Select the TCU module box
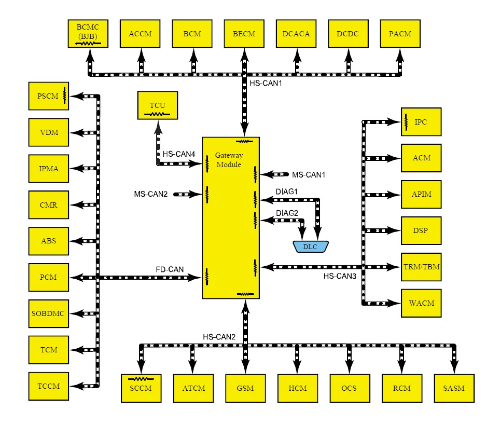tap(158, 105)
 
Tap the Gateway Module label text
tap(229, 160)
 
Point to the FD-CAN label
tap(170, 269)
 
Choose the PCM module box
tap(49, 277)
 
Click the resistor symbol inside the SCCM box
tap(141, 379)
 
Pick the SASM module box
tap(454, 388)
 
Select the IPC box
tap(421, 122)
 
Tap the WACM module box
tap(421, 303)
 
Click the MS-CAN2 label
tap(151, 194)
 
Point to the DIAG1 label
tap(287, 191)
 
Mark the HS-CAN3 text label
tap(340, 276)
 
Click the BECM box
tap(244, 34)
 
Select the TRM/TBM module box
tap(421, 267)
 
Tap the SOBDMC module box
tap(49, 313)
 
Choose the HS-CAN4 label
tap(179, 154)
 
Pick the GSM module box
tap(245, 388)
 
